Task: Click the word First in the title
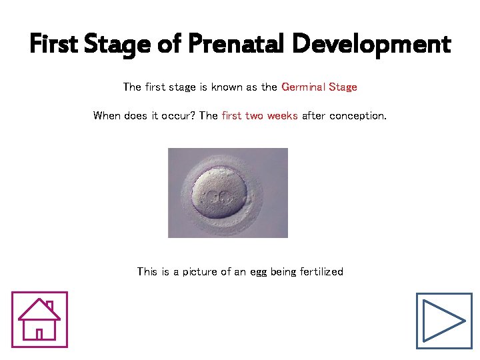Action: click(x=53, y=44)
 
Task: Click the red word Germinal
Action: click(x=302, y=87)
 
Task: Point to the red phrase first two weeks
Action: click(x=259, y=116)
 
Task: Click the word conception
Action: click(x=357, y=116)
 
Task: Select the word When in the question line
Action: click(x=107, y=116)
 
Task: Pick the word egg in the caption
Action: click(x=262, y=272)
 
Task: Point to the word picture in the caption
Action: click(x=201, y=272)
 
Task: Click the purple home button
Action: click(x=39, y=320)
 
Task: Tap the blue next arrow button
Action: click(x=444, y=321)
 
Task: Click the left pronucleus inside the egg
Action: click(x=214, y=197)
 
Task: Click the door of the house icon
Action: click(x=39, y=333)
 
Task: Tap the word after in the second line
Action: click(x=314, y=116)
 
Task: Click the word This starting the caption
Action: click(x=147, y=272)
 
